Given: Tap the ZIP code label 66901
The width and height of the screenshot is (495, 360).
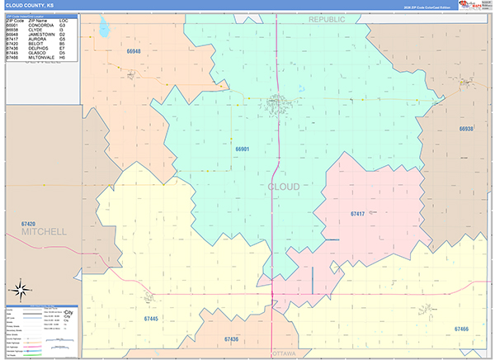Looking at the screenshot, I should click(242, 149).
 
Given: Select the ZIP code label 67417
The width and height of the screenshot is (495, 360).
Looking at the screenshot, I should click(357, 214).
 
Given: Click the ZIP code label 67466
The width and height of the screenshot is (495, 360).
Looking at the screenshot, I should click(461, 329).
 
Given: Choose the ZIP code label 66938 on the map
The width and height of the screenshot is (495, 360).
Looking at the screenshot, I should click(467, 129).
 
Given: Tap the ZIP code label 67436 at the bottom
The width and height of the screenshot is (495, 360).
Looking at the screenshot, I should click(231, 339).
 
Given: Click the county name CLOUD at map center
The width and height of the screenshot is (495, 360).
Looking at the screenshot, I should click(284, 187).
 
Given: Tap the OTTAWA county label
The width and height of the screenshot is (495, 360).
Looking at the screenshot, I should click(288, 354).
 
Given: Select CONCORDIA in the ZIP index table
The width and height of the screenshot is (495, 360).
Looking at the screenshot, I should click(41, 25).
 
